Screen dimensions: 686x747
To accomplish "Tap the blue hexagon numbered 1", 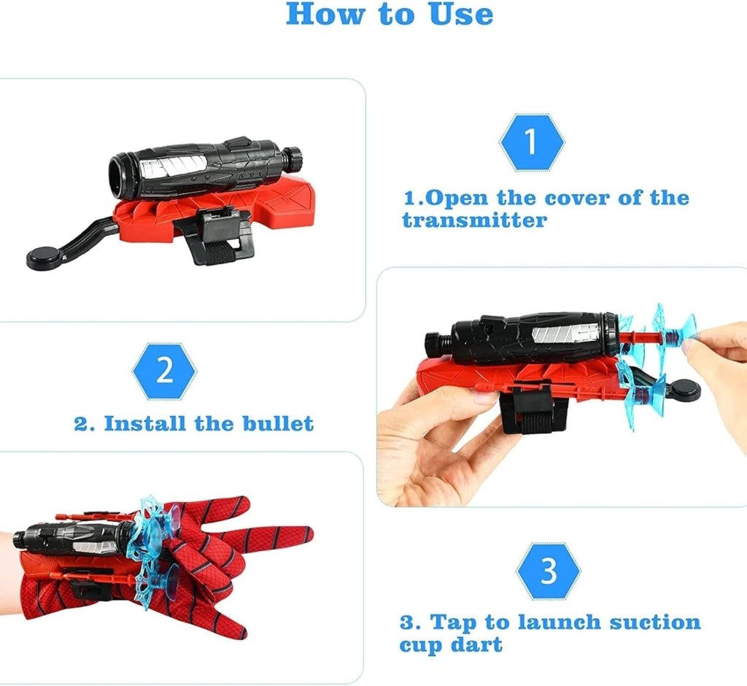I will click(531, 142).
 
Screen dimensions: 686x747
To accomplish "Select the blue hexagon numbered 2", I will click(165, 371).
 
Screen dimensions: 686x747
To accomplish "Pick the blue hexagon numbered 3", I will click(549, 571).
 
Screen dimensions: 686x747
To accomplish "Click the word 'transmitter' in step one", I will click(473, 220).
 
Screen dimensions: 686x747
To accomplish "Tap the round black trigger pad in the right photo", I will click(686, 390).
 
